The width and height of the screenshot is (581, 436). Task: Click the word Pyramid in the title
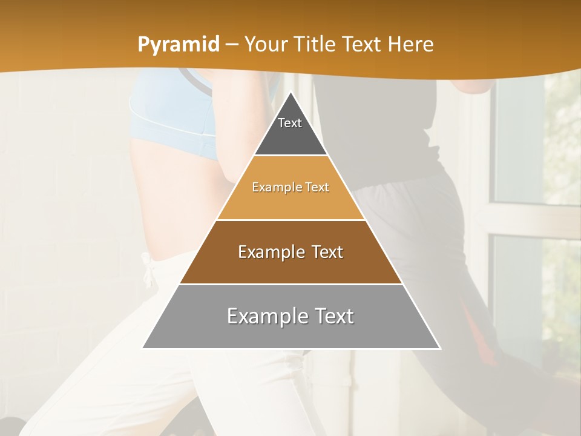[x=179, y=45]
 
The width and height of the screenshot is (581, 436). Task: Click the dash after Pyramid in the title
[x=231, y=45]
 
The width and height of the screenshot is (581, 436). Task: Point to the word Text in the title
[x=363, y=45]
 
